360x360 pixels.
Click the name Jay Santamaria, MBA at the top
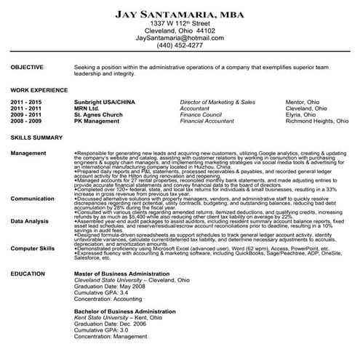(x=180, y=13)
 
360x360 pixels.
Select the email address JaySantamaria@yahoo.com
(x=180, y=39)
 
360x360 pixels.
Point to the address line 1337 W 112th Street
(x=180, y=24)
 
